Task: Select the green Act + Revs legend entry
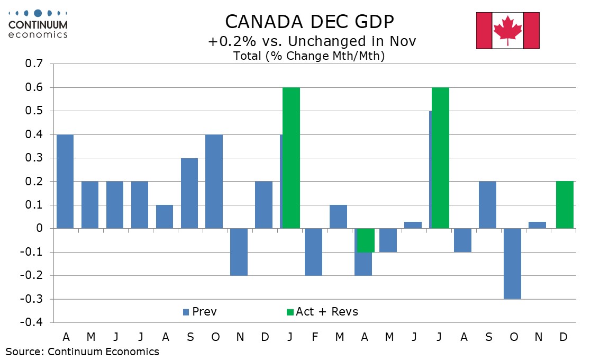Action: (x=321, y=312)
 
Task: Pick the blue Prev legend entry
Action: (x=199, y=312)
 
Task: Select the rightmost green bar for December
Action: (x=565, y=205)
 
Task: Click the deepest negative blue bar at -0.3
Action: (x=513, y=264)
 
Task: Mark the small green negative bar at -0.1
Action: (x=366, y=240)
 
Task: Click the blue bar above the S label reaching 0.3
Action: (x=189, y=193)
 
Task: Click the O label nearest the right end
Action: (x=513, y=337)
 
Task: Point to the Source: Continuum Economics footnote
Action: (x=82, y=352)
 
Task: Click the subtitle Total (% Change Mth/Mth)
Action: (x=308, y=56)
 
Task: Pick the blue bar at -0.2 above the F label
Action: (x=314, y=252)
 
